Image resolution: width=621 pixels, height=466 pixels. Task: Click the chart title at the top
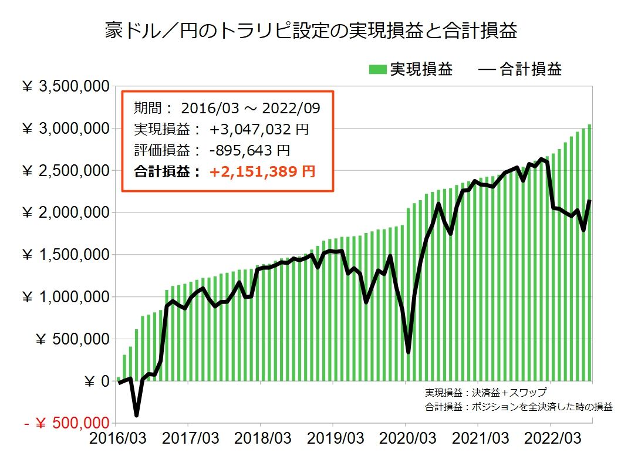tap(310, 31)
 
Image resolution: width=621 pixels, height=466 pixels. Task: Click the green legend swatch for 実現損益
tap(377, 70)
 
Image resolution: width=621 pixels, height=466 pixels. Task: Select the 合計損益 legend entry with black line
tap(520, 70)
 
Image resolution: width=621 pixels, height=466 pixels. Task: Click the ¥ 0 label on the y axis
tap(97, 381)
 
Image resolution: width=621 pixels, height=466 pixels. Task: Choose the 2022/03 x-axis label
tap(551, 439)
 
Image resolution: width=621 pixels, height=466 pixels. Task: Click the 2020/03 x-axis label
tap(406, 439)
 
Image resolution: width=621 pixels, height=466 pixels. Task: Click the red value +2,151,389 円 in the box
tap(262, 171)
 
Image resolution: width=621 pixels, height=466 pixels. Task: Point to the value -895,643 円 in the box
tap(249, 150)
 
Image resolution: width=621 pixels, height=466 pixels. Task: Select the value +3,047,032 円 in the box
tap(259, 129)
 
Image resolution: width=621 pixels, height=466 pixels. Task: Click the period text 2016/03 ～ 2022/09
tap(250, 108)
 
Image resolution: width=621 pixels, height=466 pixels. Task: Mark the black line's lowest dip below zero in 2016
tap(137, 415)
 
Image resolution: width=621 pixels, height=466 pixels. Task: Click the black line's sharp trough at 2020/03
tap(408, 352)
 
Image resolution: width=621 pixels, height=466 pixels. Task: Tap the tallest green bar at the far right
tap(589, 252)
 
